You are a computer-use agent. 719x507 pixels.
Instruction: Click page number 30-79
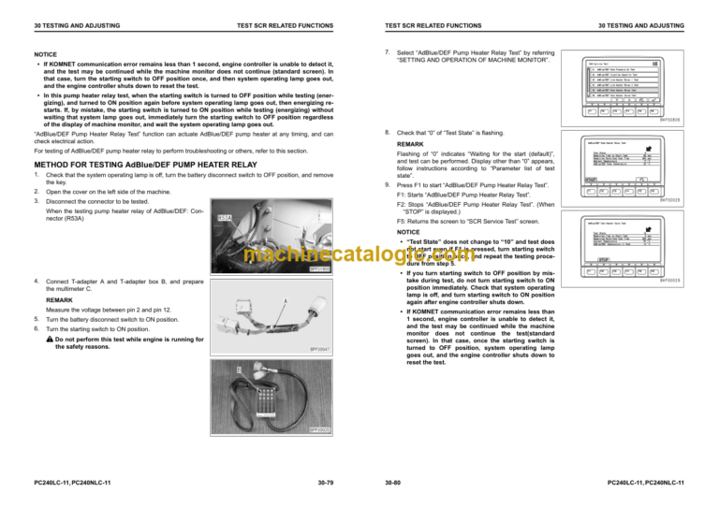click(x=322, y=483)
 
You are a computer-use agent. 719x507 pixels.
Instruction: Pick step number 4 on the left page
click(x=35, y=282)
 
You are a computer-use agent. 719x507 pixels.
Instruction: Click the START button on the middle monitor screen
click(x=591, y=178)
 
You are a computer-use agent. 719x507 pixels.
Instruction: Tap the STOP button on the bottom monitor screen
click(x=605, y=259)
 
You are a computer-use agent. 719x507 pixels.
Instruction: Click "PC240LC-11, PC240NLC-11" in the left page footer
click(x=69, y=483)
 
